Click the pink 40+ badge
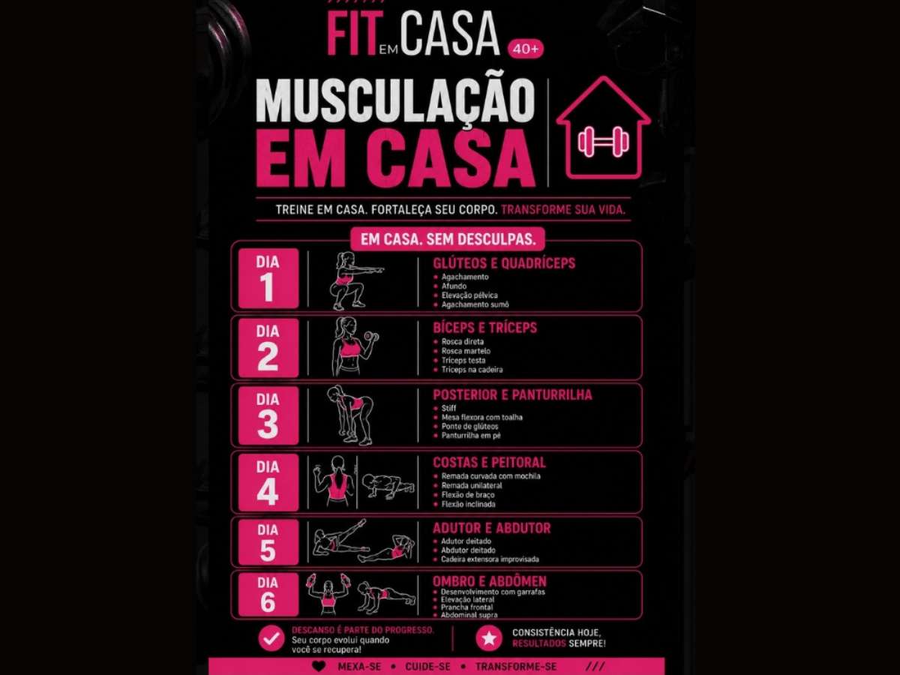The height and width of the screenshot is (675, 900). click(x=526, y=49)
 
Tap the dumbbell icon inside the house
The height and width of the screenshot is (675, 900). click(x=603, y=142)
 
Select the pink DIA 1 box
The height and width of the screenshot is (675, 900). click(x=268, y=277)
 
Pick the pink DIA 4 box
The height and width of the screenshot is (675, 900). click(x=268, y=482)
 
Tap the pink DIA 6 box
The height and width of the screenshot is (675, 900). click(x=268, y=594)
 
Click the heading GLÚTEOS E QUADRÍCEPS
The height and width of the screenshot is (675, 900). click(x=504, y=263)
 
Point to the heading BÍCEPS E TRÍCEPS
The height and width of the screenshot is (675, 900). click(x=484, y=328)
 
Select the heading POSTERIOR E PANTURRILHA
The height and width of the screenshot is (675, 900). click(x=512, y=394)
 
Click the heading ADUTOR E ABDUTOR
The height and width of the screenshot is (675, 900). click(x=491, y=528)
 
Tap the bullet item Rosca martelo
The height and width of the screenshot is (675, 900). click(x=466, y=351)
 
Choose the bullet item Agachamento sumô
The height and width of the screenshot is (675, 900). click(x=475, y=304)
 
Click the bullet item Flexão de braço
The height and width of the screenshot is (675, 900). click(x=468, y=495)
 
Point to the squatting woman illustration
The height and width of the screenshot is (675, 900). click(x=354, y=280)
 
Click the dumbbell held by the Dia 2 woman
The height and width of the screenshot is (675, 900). click(x=370, y=337)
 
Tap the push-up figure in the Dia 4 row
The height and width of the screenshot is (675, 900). click(x=388, y=486)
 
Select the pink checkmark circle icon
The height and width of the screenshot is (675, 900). click(x=271, y=638)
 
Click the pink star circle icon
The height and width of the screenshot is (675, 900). click(x=489, y=638)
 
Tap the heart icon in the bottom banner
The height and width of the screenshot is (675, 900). click(x=319, y=666)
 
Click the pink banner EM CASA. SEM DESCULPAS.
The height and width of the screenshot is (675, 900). click(x=448, y=239)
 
